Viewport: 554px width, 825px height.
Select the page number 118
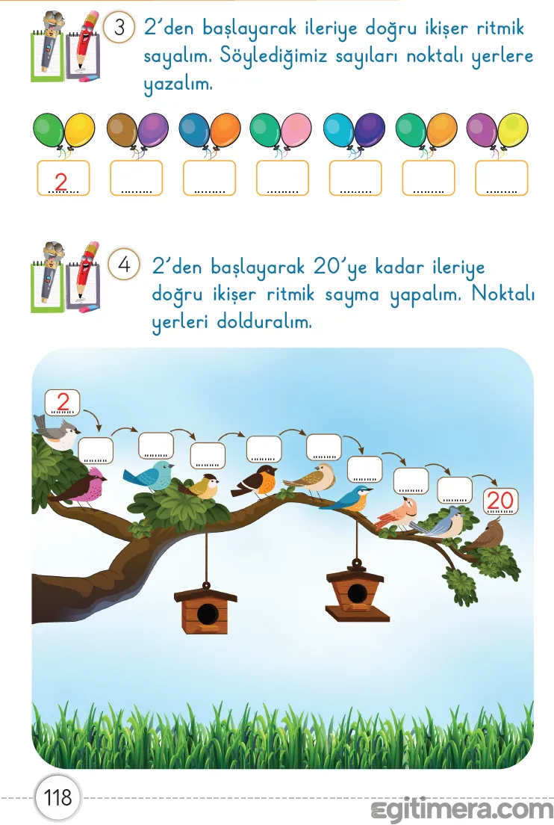coord(57,797)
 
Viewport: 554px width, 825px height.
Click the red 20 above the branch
coord(500,500)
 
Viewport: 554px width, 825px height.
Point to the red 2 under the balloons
coord(62,180)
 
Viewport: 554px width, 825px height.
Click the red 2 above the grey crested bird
coord(63,402)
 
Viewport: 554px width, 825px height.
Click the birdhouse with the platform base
coord(357,592)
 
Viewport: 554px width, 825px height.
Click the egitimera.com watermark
coord(461,809)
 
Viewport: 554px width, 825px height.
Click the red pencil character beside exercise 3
coord(85,45)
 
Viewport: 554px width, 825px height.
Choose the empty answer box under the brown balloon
coord(136,179)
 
